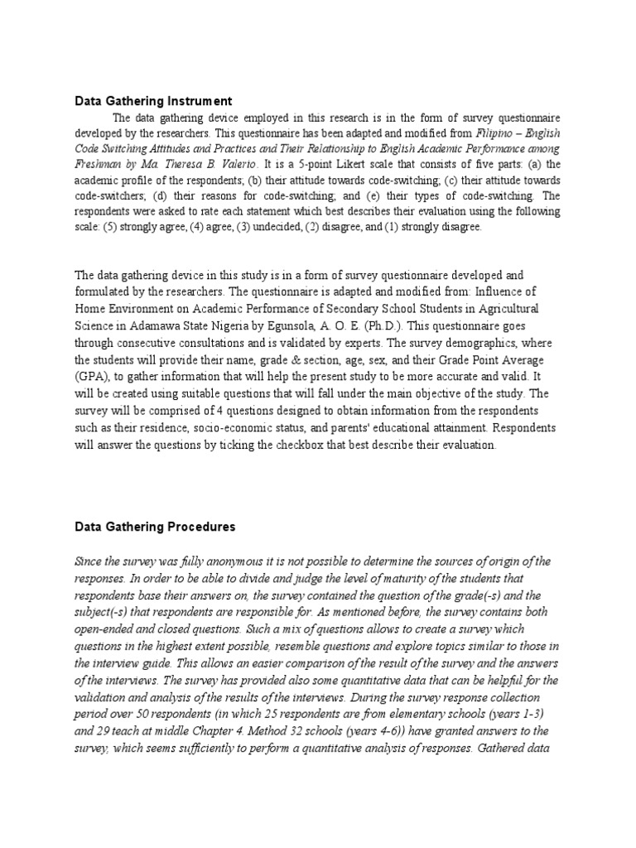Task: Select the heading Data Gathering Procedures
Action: [155, 527]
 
